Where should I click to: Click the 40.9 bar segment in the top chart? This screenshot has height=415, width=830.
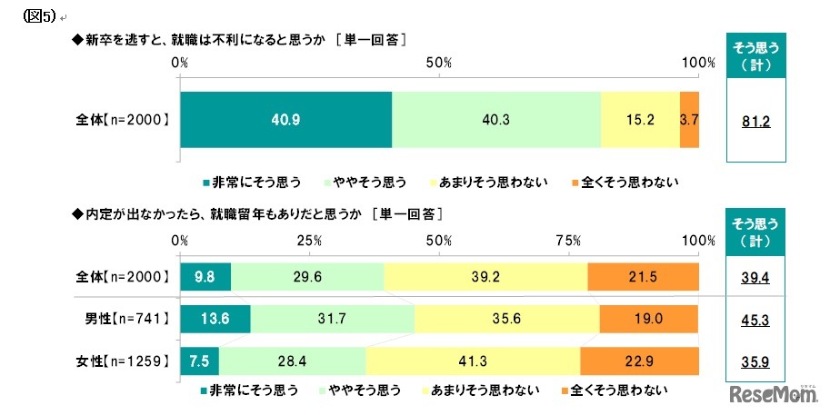point(285,120)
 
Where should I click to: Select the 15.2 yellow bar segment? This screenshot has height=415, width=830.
point(640,120)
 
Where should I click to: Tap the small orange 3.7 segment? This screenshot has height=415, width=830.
point(689,120)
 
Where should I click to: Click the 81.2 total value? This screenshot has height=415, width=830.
point(755,121)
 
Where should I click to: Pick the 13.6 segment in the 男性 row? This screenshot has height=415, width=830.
point(215,319)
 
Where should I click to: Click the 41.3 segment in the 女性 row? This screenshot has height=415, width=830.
point(473,361)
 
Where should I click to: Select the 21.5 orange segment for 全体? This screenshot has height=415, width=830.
point(644,277)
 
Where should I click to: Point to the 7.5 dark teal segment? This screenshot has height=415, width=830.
point(199,361)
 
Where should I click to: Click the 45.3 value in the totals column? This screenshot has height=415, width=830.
point(755,319)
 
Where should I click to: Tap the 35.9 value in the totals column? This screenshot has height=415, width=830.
point(755,361)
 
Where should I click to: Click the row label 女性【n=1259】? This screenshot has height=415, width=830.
point(122,361)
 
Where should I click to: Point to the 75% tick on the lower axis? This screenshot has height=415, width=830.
point(568,241)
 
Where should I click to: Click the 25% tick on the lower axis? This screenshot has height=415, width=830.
point(309,241)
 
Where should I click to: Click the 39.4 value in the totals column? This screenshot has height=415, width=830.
point(755,277)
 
